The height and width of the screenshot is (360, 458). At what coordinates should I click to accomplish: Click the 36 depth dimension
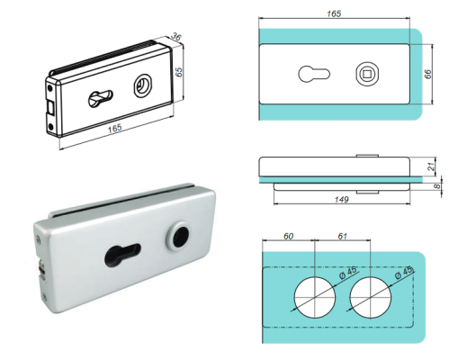click(176, 38)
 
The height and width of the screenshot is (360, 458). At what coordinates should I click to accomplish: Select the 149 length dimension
click(341, 201)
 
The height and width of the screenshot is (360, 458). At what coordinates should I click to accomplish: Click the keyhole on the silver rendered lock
click(122, 253)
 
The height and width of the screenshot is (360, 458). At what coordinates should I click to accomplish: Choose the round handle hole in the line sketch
click(141, 86)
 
